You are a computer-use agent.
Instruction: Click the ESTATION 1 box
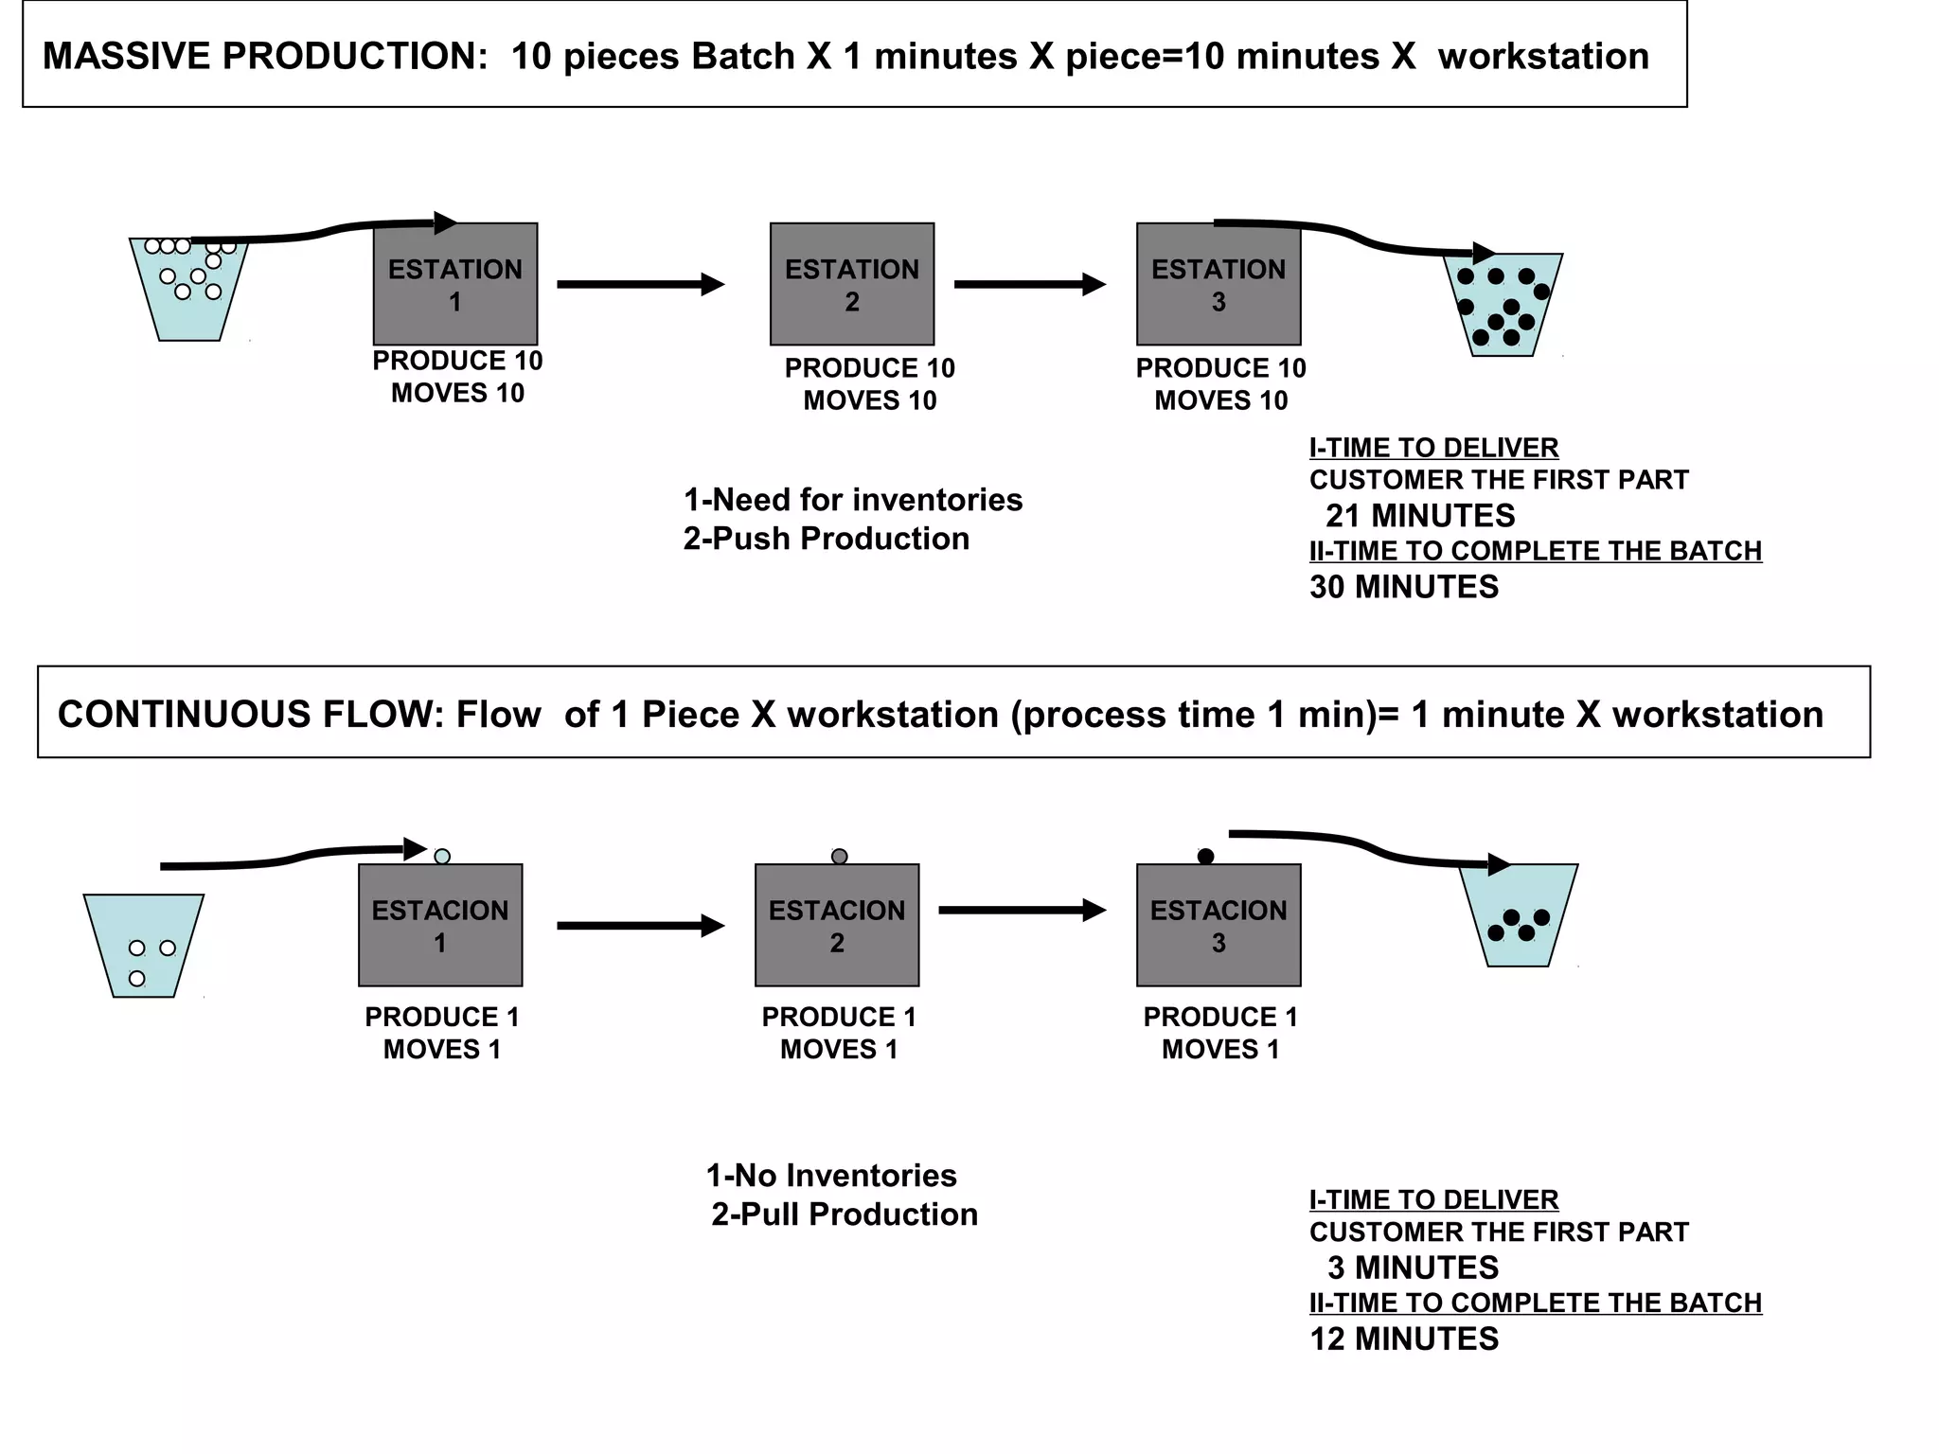(x=455, y=284)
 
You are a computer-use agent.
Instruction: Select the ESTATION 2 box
(x=852, y=284)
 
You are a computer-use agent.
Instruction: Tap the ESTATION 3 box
(x=1219, y=284)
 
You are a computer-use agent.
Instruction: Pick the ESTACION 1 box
(x=440, y=925)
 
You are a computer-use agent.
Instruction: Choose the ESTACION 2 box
(x=837, y=925)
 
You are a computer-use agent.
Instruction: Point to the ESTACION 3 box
(x=1219, y=925)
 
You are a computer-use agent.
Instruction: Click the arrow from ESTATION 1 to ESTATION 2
(x=640, y=284)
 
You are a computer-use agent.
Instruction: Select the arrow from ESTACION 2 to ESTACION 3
(x=1022, y=910)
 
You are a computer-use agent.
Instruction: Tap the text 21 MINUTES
(x=1419, y=516)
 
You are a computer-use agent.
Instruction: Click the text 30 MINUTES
(x=1404, y=587)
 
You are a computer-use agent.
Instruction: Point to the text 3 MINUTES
(x=1413, y=1268)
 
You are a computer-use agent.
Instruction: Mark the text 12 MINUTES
(x=1404, y=1339)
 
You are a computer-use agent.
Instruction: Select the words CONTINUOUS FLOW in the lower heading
(x=250, y=715)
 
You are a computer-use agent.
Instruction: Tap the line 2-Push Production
(x=827, y=539)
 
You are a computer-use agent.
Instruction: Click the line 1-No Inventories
(x=831, y=1176)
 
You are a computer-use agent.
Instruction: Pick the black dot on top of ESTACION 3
(x=1205, y=856)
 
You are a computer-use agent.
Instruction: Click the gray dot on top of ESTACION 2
(x=839, y=856)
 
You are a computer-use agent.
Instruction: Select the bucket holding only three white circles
(x=144, y=947)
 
